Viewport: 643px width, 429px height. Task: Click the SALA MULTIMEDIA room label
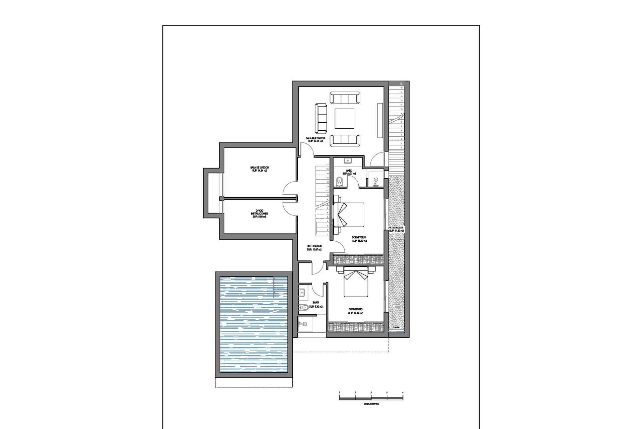[x=315, y=138]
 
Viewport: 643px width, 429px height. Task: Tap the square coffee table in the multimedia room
[x=345, y=118]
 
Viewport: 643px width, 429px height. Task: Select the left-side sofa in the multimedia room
[x=321, y=118]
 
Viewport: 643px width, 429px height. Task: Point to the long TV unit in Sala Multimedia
[x=380, y=120]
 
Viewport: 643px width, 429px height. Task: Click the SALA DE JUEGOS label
[x=259, y=167]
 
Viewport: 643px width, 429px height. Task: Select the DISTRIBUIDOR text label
[x=314, y=246]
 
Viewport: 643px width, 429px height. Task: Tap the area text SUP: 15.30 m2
[x=359, y=241]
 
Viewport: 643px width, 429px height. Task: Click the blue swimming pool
[x=254, y=324]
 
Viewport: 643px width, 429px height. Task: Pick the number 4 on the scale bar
[x=403, y=392]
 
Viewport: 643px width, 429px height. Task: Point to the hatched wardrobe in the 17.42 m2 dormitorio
[x=355, y=327]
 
